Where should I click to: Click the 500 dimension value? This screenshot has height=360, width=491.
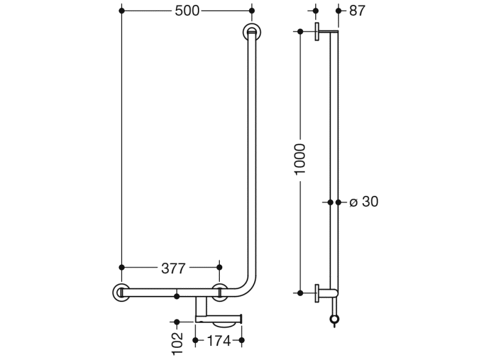tap(187, 11)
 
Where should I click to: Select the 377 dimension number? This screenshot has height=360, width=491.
tap(173, 267)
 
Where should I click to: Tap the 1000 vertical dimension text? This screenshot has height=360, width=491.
tap(300, 160)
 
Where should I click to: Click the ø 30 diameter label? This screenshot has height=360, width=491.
tap(363, 201)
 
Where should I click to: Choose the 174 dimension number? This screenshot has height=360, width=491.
tap(218, 340)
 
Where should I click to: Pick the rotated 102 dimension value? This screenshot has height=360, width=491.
tap(178, 343)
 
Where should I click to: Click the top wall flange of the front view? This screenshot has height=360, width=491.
tap(251, 32)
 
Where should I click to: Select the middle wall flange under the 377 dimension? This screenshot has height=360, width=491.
tap(220, 292)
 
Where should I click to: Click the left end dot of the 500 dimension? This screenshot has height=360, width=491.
tap(122, 11)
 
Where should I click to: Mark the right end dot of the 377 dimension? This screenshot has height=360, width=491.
tap(220, 267)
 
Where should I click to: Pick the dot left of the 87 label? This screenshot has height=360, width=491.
tap(338, 11)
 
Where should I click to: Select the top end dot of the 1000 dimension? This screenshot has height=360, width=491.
tap(300, 31)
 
